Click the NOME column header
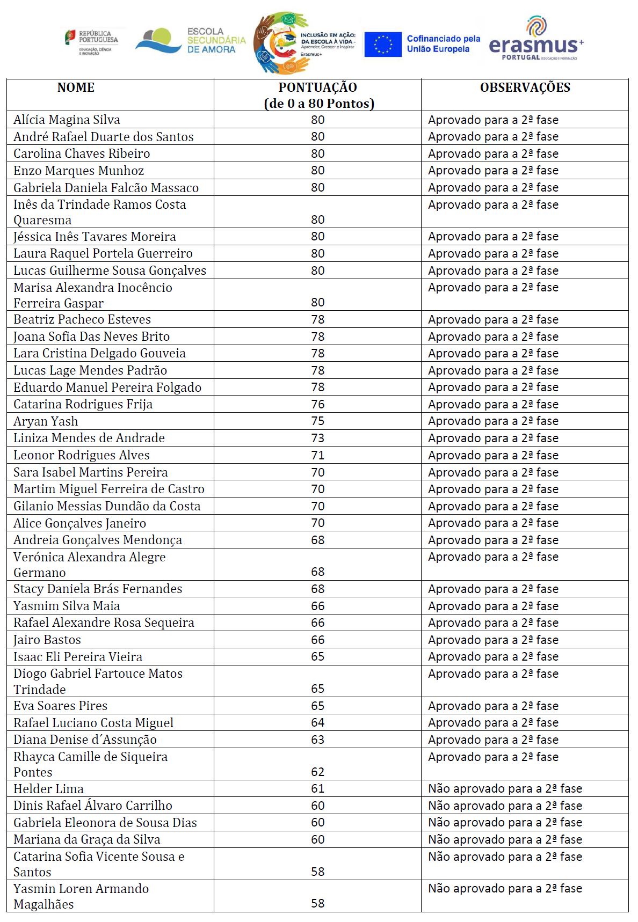(x=76, y=87)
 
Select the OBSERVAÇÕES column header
(x=525, y=87)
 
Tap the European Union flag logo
(x=382, y=44)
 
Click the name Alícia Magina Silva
(x=67, y=120)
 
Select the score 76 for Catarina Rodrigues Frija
(x=317, y=404)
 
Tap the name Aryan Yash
(x=46, y=421)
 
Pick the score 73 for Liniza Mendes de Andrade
(x=317, y=438)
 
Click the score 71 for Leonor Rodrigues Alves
(x=317, y=455)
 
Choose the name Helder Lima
(x=48, y=789)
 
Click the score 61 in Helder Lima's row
(x=317, y=788)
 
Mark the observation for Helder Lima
(x=505, y=788)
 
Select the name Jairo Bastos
(x=47, y=640)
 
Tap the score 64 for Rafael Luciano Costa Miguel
(x=317, y=722)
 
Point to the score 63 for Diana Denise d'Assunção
(x=317, y=740)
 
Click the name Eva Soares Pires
(x=60, y=706)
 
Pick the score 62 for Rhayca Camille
(x=317, y=772)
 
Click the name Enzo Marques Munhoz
(x=78, y=171)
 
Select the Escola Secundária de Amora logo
(x=191, y=41)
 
